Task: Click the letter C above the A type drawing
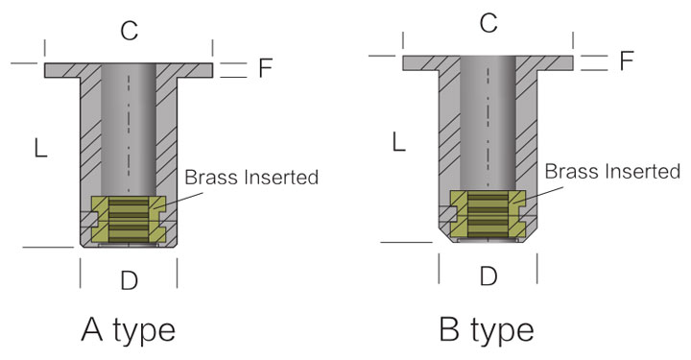point(130,31)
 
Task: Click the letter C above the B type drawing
point(488,23)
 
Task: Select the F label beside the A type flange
point(265,68)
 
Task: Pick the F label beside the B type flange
point(626,60)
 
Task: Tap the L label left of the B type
point(399,142)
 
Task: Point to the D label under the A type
point(130,280)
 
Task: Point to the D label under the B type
point(488,276)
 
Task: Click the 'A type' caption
point(129,329)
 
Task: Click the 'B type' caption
point(487,329)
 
